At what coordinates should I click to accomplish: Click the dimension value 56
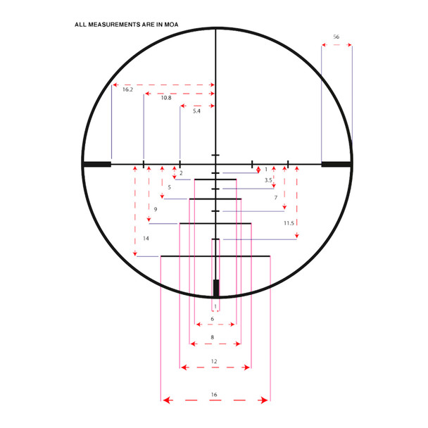336,37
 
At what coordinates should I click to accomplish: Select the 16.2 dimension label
127,90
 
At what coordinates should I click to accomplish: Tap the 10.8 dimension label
166,98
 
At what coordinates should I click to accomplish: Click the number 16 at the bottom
214,395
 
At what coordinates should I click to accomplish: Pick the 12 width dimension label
214,361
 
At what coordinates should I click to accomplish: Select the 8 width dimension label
213,338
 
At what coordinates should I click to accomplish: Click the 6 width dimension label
213,319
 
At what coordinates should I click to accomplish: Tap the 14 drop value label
146,239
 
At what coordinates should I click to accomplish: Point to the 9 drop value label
155,210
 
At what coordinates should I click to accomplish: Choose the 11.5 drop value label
289,223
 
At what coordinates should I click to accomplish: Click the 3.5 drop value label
268,180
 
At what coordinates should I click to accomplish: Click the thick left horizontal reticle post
96,164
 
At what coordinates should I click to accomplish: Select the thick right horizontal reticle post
336,164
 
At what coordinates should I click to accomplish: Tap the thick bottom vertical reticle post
215,288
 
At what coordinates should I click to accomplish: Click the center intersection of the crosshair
215,164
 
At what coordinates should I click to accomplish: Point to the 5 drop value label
169,187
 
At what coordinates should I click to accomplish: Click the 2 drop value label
181,173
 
